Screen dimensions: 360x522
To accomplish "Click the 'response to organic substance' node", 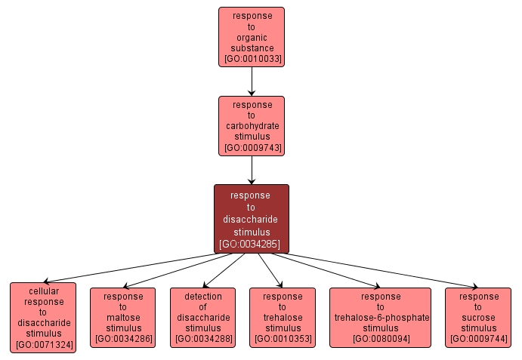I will (252, 37).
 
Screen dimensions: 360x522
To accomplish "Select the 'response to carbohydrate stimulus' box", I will (252, 125).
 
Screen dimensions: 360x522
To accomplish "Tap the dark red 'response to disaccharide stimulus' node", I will (252, 219).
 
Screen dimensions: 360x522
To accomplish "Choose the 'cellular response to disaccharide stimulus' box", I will (43, 317).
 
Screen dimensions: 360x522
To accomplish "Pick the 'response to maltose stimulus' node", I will (122, 317).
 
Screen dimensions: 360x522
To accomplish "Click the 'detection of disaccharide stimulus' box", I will (202, 317).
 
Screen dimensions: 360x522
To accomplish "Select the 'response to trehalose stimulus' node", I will (283, 317).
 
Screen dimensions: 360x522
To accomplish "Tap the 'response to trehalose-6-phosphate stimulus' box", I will (381, 317).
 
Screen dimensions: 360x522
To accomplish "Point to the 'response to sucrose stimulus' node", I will (479, 317).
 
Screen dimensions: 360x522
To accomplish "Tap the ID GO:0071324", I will (43, 345).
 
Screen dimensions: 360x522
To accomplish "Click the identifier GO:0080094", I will (381, 340).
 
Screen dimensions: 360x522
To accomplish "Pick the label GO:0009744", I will (479, 340).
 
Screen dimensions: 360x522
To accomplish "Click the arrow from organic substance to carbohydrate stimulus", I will (252, 82).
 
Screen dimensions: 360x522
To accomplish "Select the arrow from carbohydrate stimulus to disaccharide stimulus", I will (252, 170).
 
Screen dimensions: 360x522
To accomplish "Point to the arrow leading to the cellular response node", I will (128, 268).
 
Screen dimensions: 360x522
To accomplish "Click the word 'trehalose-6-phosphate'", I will (381, 318).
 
